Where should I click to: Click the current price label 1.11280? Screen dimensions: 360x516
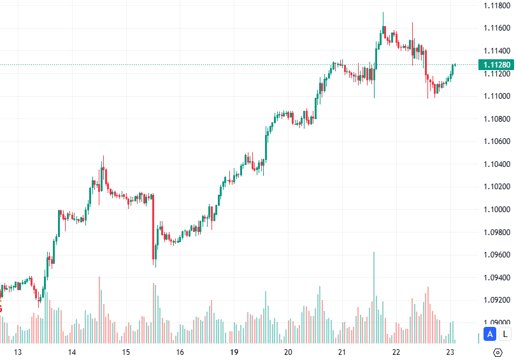click(x=496, y=64)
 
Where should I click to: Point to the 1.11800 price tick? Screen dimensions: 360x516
click(x=496, y=6)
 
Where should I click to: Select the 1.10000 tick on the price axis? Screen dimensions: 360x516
click(x=496, y=209)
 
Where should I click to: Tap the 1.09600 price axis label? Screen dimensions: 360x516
click(x=496, y=254)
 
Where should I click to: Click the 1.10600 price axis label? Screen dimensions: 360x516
click(x=496, y=141)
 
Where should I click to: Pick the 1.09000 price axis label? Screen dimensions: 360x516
click(x=496, y=322)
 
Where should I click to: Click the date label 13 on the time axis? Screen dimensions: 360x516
click(x=18, y=352)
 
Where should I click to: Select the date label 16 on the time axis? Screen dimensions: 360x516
click(x=180, y=352)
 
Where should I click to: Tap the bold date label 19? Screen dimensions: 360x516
click(x=234, y=352)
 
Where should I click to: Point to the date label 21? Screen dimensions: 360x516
click(x=342, y=352)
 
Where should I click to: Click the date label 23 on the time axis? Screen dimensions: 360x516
click(x=450, y=352)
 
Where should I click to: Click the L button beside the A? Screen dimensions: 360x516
click(x=505, y=333)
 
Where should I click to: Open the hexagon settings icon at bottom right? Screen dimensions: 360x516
click(x=498, y=352)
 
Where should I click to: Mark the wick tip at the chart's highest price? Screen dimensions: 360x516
click(x=383, y=12)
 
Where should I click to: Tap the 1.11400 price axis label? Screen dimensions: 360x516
click(x=496, y=50)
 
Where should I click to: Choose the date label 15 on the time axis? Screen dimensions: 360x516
click(x=126, y=352)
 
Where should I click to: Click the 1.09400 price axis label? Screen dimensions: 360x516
click(x=496, y=277)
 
